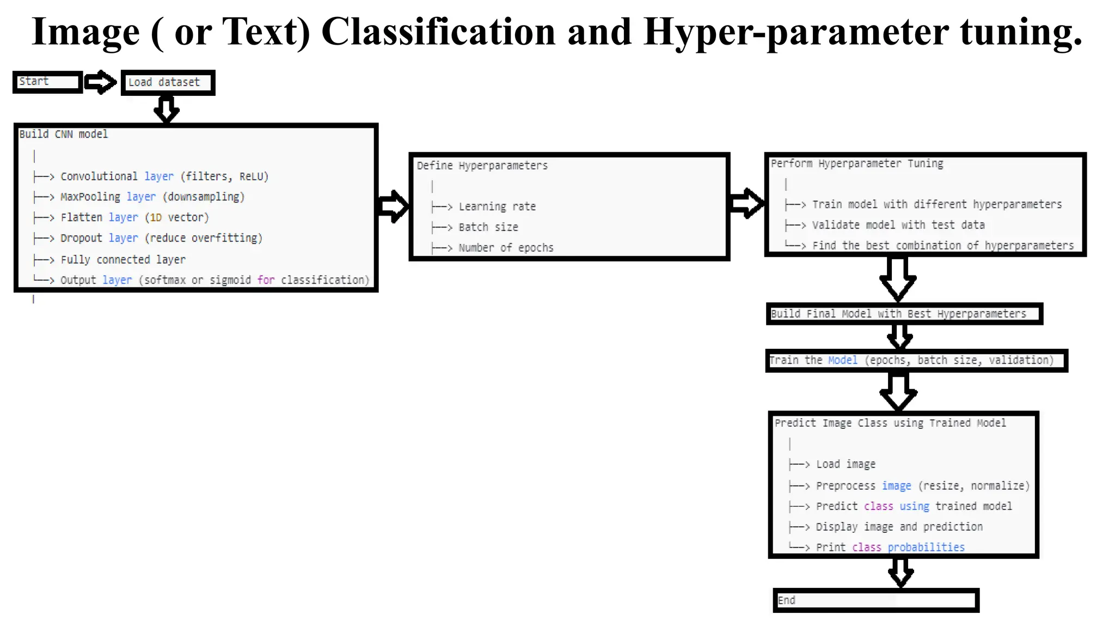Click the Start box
(48, 82)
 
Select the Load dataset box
(168, 83)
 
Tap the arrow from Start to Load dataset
(101, 82)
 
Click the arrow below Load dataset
(166, 109)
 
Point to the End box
(875, 600)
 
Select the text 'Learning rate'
(497, 207)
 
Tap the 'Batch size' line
(488, 228)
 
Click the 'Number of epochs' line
(506, 248)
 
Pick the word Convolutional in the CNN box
(99, 177)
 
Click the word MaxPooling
(90, 197)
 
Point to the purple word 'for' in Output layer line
(266, 280)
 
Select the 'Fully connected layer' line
(123, 260)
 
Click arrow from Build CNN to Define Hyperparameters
(393, 206)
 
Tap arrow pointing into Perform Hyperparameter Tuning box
(746, 204)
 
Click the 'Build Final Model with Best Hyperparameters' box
(904, 314)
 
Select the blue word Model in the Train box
(842, 360)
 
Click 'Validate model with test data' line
(898, 225)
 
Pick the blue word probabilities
(926, 548)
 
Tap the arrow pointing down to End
(900, 573)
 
